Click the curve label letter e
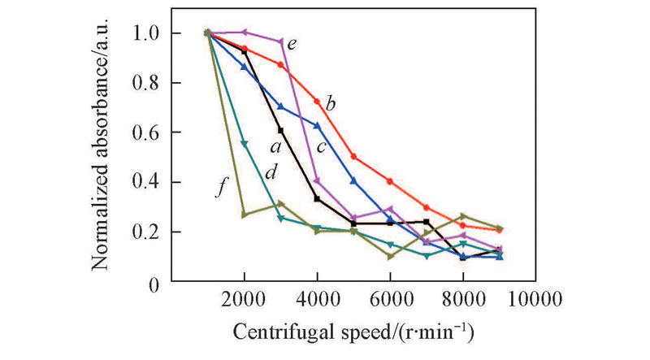pos(291,41)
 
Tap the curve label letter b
pos(331,103)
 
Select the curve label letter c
pos(322,146)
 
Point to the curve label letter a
pos(275,146)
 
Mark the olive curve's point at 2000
pos(244,215)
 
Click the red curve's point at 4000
pos(317,101)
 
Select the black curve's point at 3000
pos(280,130)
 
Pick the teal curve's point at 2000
pos(244,144)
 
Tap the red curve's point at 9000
pos(499,230)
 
